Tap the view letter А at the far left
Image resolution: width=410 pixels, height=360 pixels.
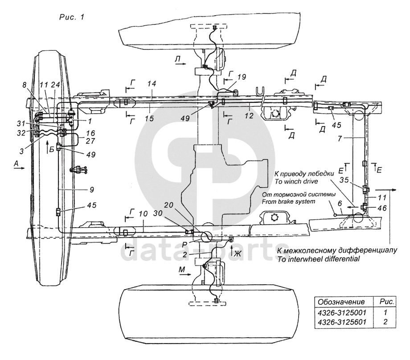(x=16, y=164)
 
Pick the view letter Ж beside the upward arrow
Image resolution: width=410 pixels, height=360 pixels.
(x=238, y=254)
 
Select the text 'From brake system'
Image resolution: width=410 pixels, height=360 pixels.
(x=288, y=201)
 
